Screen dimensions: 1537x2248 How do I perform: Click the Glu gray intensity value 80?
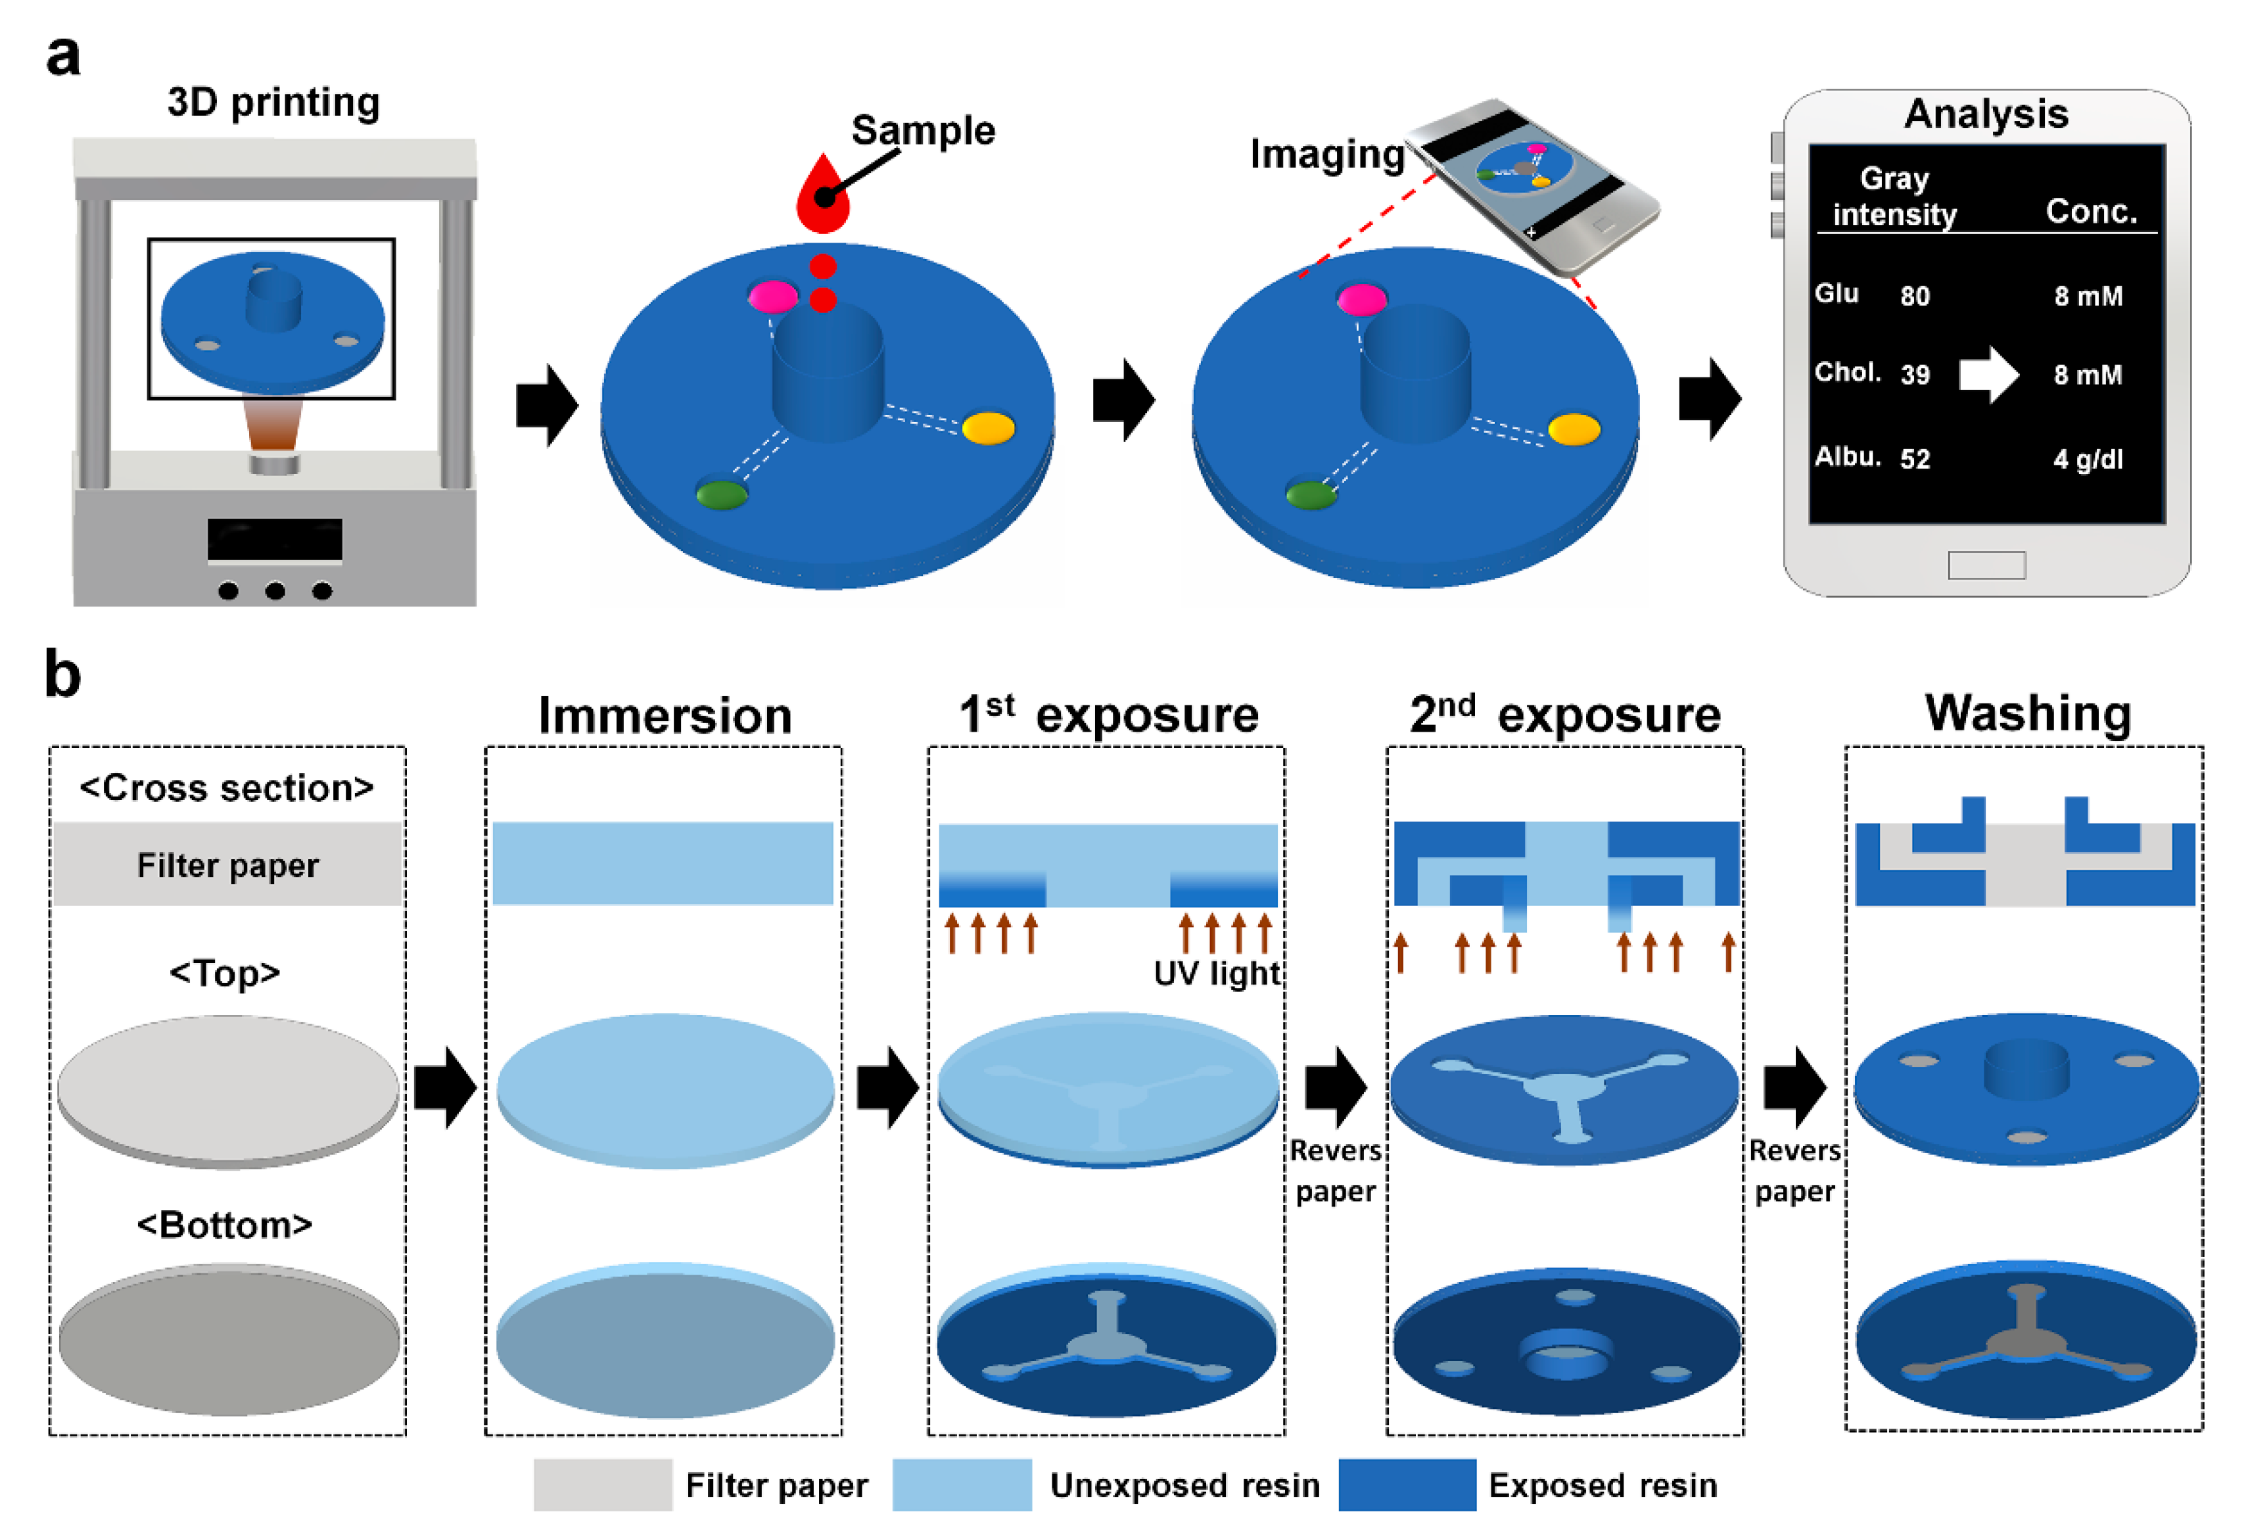click(x=1913, y=296)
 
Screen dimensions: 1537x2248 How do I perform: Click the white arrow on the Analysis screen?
click(x=1988, y=374)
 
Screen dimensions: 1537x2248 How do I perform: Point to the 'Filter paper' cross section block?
click(x=227, y=864)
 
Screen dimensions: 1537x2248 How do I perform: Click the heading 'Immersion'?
click(x=665, y=716)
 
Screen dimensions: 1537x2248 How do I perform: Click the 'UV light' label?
click(x=1216, y=973)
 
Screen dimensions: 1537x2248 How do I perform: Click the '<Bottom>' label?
click(x=224, y=1225)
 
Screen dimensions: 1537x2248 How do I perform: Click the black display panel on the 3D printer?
click(x=275, y=540)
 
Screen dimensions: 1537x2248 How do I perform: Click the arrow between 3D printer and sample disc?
click(x=546, y=406)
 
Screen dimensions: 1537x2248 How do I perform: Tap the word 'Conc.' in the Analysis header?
click(x=2090, y=211)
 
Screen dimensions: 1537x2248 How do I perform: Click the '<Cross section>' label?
click(x=226, y=788)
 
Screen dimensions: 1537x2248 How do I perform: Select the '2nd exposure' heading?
click(x=1564, y=716)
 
